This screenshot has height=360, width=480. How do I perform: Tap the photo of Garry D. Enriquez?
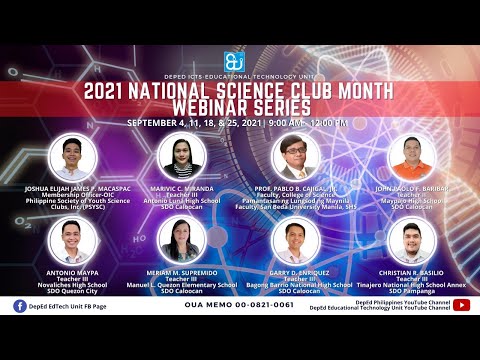coord(295,244)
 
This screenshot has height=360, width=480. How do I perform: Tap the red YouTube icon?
coord(461,305)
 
